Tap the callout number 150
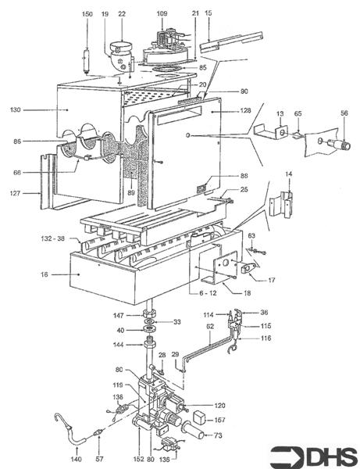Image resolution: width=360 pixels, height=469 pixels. tap(87, 15)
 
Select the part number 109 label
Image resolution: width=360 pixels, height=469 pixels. tap(162, 14)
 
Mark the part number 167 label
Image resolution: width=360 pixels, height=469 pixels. tap(220, 419)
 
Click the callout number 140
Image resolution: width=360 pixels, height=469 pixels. tap(76, 450)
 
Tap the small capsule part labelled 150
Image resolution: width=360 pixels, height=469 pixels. tap(87, 59)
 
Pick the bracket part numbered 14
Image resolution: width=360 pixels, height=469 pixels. tap(279, 203)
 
